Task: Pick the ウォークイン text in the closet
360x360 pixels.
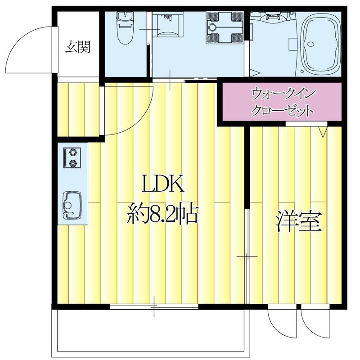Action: (284, 94)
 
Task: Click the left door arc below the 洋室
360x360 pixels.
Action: (280, 324)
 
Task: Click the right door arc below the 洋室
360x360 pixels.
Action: (314, 324)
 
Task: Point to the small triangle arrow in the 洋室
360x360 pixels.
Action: (323, 132)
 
